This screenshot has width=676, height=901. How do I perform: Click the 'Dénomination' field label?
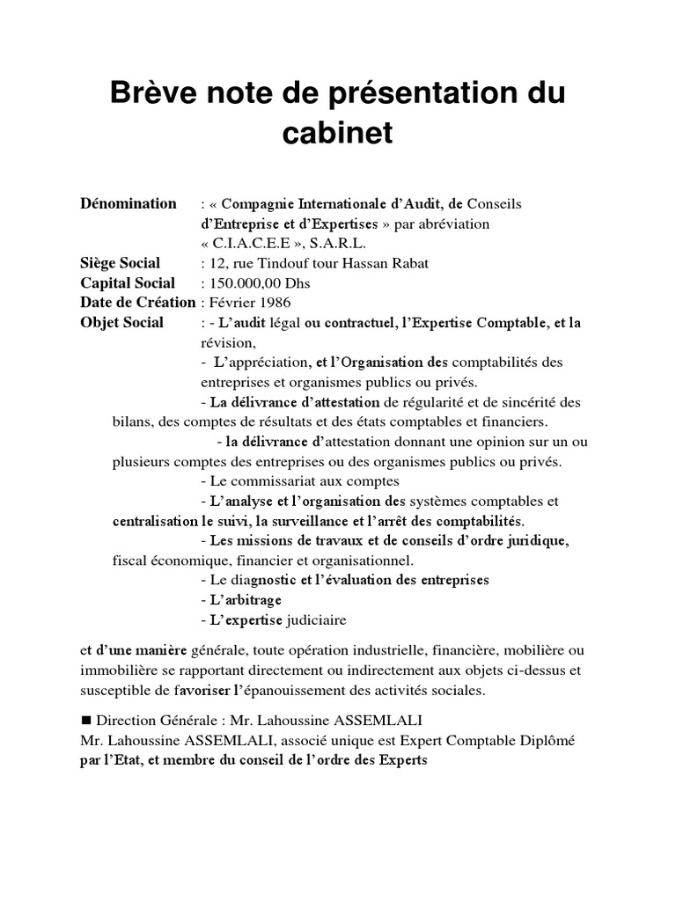(x=129, y=204)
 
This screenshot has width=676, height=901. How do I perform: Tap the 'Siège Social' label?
(x=121, y=263)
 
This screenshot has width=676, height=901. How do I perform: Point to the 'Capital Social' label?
(x=128, y=283)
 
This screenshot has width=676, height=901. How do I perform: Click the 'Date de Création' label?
(x=137, y=303)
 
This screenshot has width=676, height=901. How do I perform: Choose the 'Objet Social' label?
(x=121, y=322)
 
